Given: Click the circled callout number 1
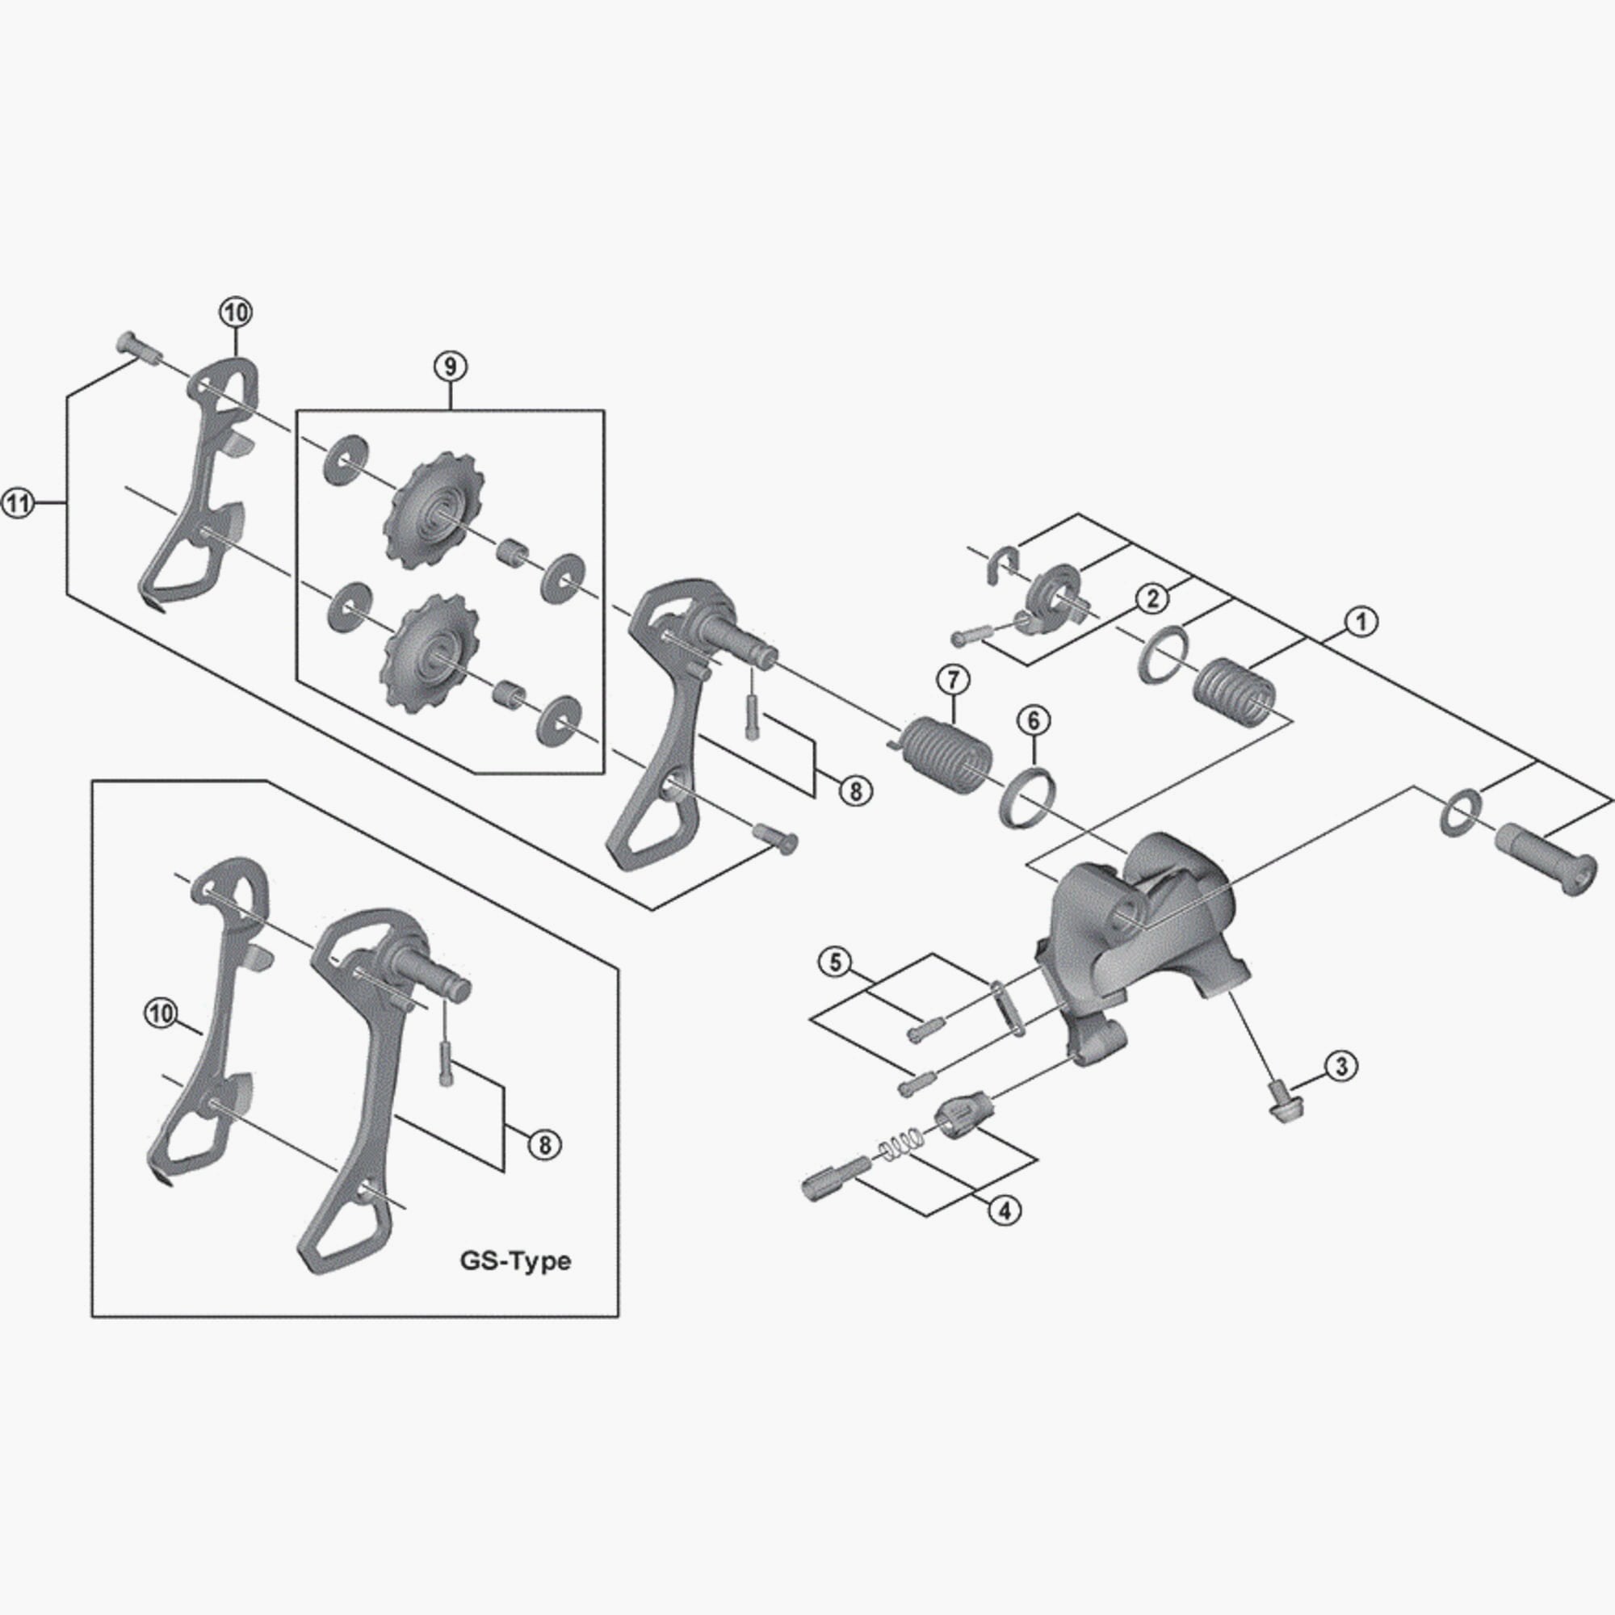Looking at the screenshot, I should [x=1361, y=622].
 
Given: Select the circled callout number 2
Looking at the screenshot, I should [x=1153, y=598].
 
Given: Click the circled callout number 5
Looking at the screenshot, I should [x=835, y=963].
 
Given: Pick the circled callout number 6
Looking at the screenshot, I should [x=1034, y=719].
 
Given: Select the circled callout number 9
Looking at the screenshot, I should [x=450, y=366].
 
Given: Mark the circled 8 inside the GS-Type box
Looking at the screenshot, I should [x=545, y=1144].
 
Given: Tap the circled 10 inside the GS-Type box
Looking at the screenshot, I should [x=161, y=1014].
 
